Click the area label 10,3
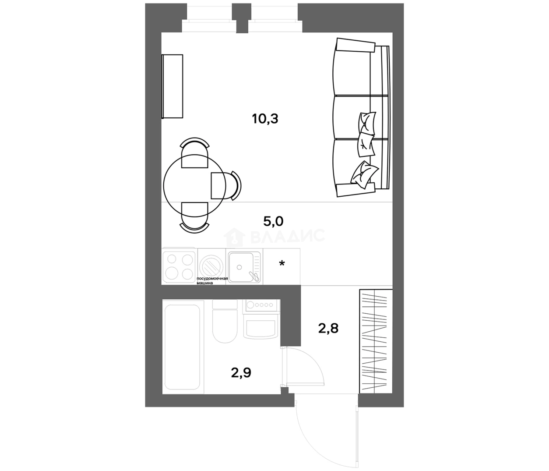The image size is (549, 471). (265, 119)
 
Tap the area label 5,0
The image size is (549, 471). (273, 221)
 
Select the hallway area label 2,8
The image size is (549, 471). (328, 329)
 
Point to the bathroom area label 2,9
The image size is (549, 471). (241, 373)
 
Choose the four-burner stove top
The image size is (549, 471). (179, 266)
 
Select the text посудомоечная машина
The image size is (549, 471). (212, 281)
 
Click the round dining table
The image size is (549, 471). (194, 185)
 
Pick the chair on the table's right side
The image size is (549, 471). (226, 185)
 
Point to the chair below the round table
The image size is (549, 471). (194, 218)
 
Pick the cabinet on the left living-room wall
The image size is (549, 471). (172, 86)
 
